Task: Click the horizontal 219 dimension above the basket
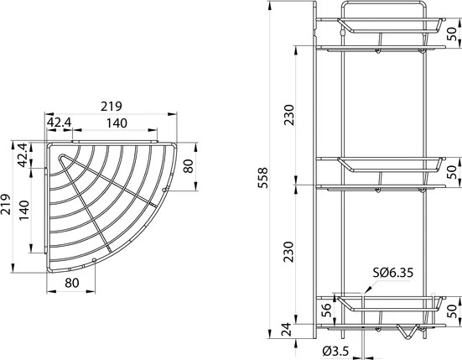coord(111,107)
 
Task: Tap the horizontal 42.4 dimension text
coord(59,123)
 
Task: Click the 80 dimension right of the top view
coord(188,166)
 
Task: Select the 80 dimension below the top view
coord(73,283)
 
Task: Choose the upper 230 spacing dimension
coord(289,114)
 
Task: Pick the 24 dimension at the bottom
coord(288,328)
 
